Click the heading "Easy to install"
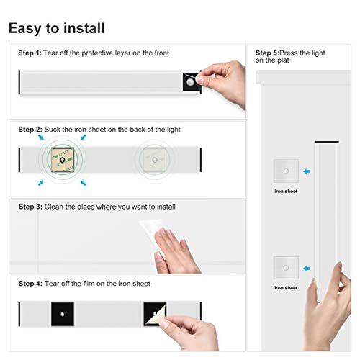coord(56,28)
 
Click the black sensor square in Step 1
coord(192,82)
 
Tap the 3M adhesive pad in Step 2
coord(63,160)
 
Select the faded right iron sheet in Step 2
coord(155,160)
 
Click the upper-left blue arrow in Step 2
coord(41,137)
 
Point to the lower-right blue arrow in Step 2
coord(84,183)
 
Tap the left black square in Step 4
coord(63,314)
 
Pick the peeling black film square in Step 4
coord(155,314)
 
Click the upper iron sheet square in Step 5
coord(286,171)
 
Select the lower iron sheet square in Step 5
coord(286,268)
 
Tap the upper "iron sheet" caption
coord(286,192)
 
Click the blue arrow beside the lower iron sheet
coord(307,269)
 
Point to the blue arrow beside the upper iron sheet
coord(307,171)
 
